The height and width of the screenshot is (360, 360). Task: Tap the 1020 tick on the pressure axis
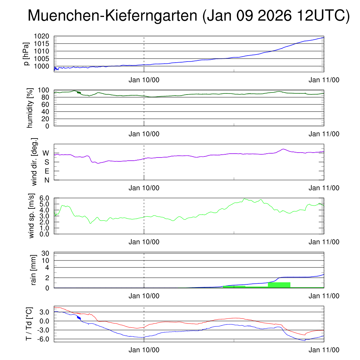pos(44,36)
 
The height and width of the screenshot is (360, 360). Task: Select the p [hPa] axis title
pos(27,54)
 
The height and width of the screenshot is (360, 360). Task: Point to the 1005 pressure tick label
pos(44,58)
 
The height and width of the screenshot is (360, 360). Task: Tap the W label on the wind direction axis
pos(46,153)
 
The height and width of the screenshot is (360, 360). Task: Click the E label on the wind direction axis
pos(46,171)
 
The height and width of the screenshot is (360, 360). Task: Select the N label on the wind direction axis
pos(46,180)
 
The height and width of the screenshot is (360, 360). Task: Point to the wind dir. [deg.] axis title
pos(34,162)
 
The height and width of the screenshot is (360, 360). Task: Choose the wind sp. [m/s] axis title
pos(32,216)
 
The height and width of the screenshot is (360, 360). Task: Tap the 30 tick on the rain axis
pos(46,253)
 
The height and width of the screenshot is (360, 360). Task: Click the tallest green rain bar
pos(279,285)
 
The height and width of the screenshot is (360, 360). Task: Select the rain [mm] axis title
pos(34,270)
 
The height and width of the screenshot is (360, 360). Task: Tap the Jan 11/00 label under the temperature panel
pos(324,350)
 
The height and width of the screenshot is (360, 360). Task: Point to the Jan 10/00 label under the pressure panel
pos(144,80)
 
